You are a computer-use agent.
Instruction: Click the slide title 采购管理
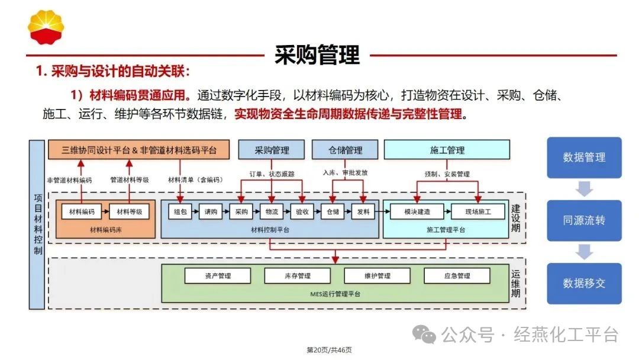point(317,55)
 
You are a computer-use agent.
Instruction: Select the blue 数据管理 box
point(584,157)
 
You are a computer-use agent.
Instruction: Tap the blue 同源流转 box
point(584,220)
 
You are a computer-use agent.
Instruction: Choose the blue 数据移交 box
point(584,283)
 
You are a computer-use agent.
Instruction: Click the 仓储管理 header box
point(345,150)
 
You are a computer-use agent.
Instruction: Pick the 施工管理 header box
point(447,150)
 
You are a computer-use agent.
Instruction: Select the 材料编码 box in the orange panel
point(82,211)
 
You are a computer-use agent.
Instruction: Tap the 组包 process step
point(180,211)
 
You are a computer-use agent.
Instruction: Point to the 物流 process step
point(272,211)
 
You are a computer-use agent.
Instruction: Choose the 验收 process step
point(302,211)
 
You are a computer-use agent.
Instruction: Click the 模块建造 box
point(417,211)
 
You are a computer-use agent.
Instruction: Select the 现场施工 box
point(478,211)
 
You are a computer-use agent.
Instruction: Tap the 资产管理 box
point(218,276)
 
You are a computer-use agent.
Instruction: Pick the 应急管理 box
point(457,276)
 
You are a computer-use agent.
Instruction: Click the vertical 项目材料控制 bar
point(37,224)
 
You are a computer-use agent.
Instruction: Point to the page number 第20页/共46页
point(329,350)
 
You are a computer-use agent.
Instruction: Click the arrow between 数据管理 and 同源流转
point(584,189)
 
